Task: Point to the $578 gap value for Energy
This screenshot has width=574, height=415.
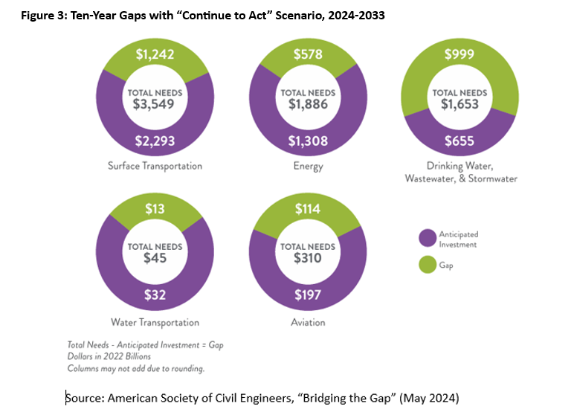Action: click(308, 54)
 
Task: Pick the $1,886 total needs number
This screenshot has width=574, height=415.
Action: click(308, 104)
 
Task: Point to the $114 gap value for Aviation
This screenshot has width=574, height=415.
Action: click(308, 210)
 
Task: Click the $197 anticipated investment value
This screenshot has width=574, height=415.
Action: click(308, 295)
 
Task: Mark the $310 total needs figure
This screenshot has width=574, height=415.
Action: click(308, 259)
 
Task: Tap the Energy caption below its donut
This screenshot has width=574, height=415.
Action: click(308, 166)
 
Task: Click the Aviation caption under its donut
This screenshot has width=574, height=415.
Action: click(308, 323)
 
